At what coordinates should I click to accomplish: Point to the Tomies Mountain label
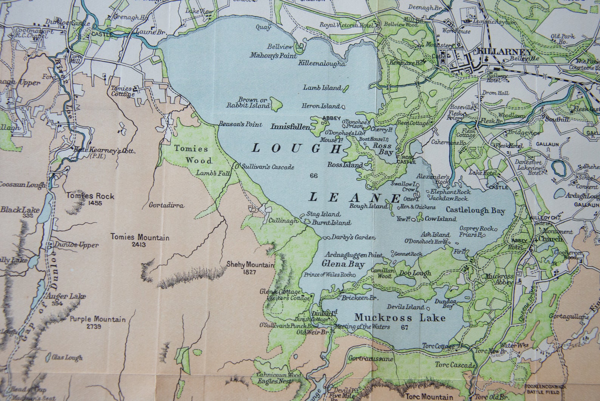point(140,238)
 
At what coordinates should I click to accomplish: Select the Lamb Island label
point(322,88)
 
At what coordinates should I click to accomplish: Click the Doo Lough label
point(415,273)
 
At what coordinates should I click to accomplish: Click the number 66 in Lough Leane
point(313,175)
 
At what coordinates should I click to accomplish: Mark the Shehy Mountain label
point(250,265)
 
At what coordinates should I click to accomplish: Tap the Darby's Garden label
point(353,238)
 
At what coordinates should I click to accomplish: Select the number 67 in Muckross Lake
point(405,327)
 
